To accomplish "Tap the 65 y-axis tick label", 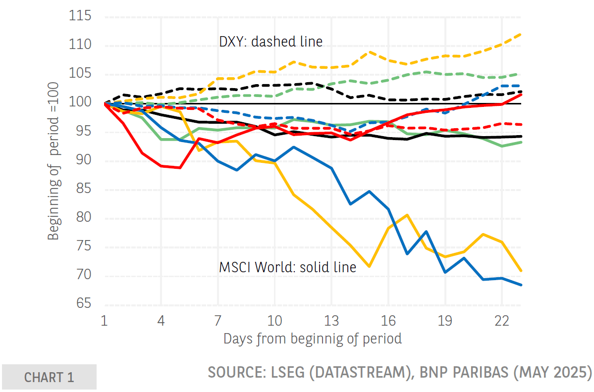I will tap(82, 303).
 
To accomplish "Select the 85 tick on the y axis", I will tap(82, 189).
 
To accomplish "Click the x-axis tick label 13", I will tap(331, 321).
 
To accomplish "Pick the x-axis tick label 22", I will tap(502, 321).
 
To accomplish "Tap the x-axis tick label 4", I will tap(161, 321).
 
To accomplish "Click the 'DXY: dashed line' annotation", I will tap(270, 42).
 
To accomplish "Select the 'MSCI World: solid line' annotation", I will tap(287, 267).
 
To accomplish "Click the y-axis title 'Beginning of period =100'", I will tap(54, 161).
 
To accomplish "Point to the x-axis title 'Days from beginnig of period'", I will tap(312, 339).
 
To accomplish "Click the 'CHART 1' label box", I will tap(49, 377).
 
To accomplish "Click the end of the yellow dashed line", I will tap(520, 34).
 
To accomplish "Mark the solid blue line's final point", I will tap(520, 285).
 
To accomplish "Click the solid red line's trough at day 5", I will tap(179, 167).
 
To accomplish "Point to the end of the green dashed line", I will tap(520, 74).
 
